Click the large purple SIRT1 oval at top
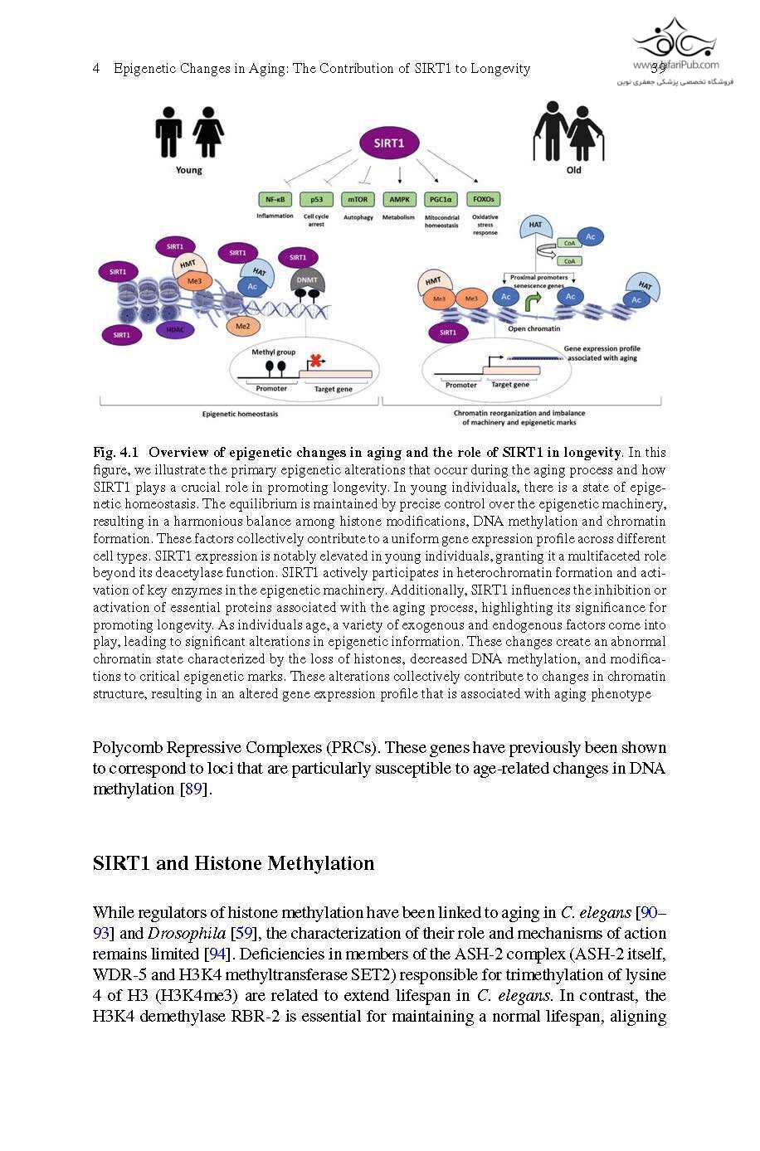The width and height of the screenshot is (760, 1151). point(388,143)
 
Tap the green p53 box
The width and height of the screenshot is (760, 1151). point(316,200)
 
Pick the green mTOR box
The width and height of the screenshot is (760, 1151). point(358,200)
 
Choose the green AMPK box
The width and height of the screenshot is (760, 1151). point(399,200)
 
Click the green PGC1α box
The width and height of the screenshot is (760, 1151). point(441,200)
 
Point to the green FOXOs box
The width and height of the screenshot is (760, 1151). point(483,200)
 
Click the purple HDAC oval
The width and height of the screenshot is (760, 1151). point(175,330)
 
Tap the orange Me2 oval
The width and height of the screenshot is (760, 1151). point(242,327)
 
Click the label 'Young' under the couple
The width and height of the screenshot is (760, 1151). point(188,170)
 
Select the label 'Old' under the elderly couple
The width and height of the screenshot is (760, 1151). point(573,170)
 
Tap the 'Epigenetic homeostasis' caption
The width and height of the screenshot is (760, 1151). point(240,414)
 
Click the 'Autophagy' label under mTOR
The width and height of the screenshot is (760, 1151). point(358,217)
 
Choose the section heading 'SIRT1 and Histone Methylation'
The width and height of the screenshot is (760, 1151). point(233,863)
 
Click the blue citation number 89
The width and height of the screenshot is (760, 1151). point(193,789)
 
